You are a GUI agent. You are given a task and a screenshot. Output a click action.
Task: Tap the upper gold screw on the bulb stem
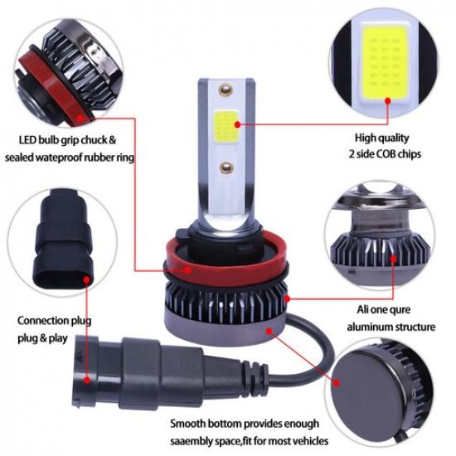click(x=222, y=87)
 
